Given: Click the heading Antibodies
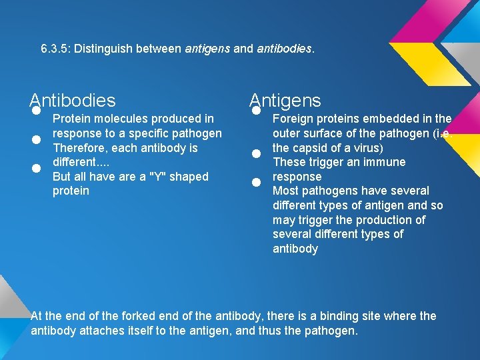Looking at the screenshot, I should point(73,101).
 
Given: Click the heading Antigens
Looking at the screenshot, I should point(285,101).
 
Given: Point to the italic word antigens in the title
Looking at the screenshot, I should point(207,49).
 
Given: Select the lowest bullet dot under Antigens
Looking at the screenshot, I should point(255,182).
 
